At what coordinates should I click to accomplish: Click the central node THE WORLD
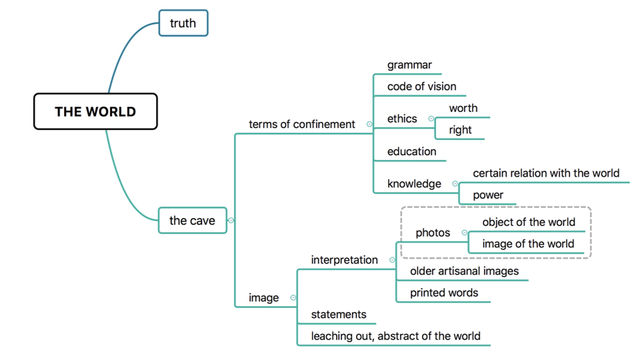click(95, 111)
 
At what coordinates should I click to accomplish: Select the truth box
click(183, 23)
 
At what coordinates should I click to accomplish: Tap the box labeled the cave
click(192, 220)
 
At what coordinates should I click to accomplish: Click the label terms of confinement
click(301, 124)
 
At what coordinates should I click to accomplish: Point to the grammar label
click(409, 65)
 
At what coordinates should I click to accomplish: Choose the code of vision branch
click(421, 86)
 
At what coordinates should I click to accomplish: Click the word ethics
click(402, 119)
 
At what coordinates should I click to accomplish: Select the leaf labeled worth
click(463, 108)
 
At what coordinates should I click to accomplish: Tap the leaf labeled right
click(460, 130)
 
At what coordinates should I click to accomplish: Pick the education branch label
click(411, 151)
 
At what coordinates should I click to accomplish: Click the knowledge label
click(414, 183)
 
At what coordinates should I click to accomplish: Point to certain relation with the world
click(546, 173)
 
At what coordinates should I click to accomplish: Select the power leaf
click(488, 195)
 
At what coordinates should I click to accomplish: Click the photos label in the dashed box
click(433, 233)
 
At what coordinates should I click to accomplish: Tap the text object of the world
click(528, 222)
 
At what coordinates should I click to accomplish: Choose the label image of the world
click(528, 243)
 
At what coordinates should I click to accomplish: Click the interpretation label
click(344, 259)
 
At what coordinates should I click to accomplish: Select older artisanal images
click(464, 271)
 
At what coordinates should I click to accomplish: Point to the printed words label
click(444, 293)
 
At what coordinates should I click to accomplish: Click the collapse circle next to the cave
click(231, 220)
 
